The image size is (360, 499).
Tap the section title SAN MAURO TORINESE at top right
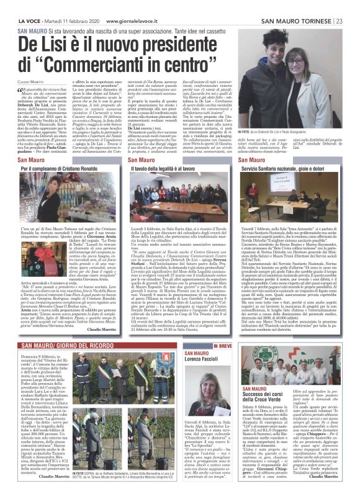297,4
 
